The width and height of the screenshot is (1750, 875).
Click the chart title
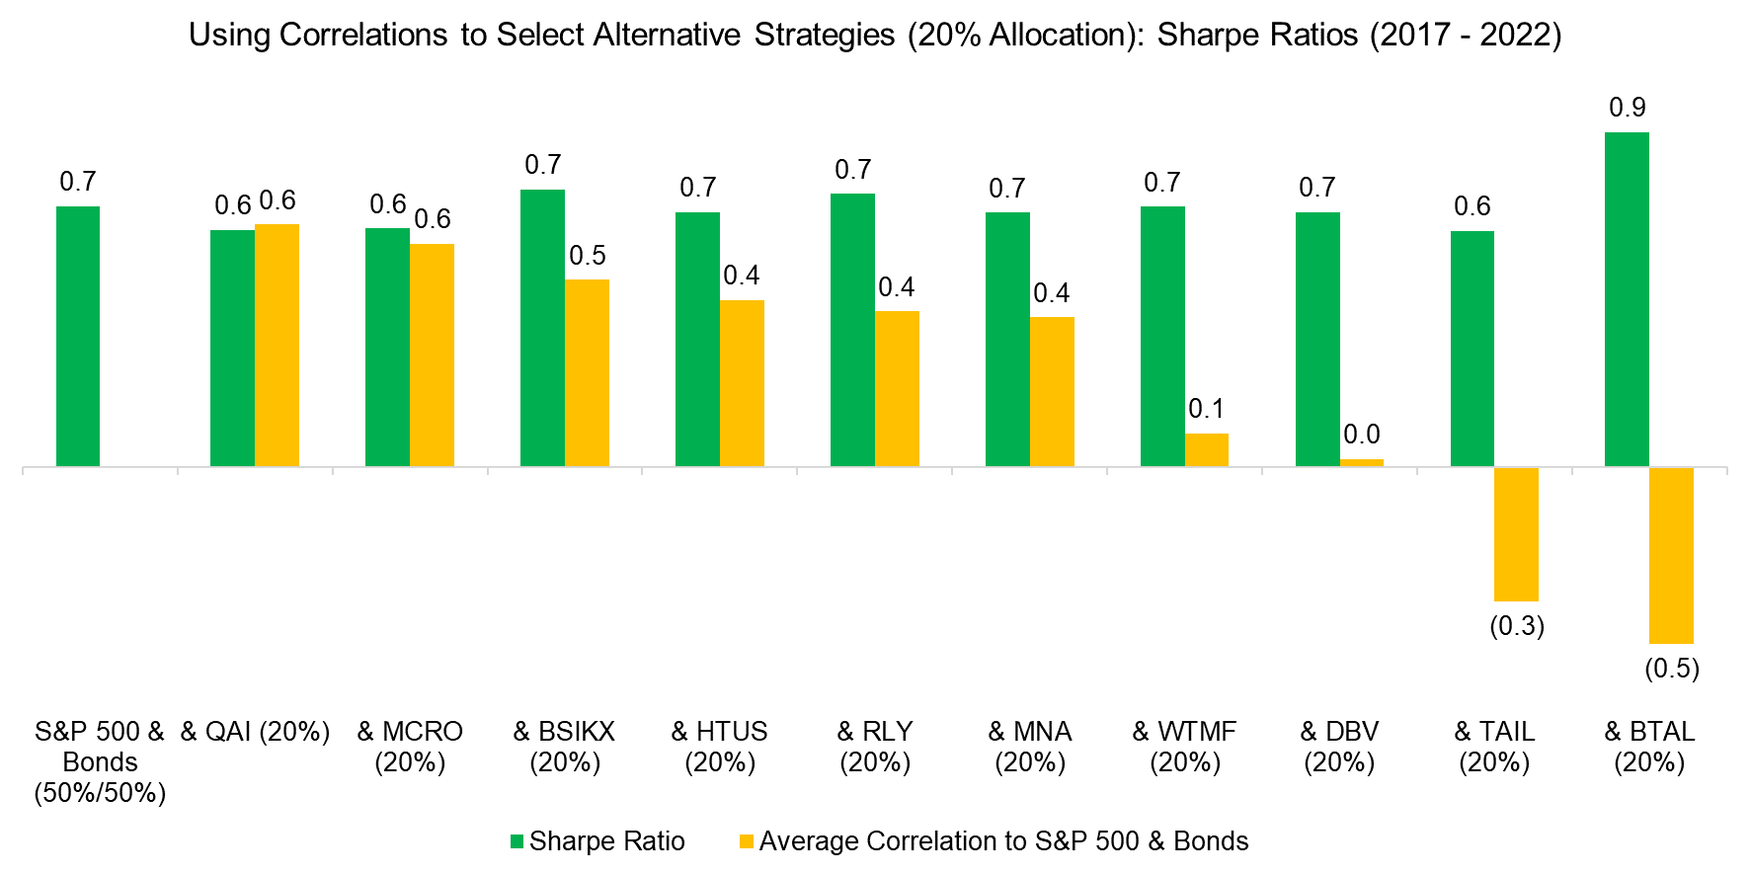[x=875, y=35]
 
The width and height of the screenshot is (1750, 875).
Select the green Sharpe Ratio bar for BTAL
[x=1627, y=299]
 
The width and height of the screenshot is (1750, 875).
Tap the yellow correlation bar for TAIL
[x=1516, y=533]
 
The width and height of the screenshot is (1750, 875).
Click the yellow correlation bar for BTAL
[x=1671, y=555]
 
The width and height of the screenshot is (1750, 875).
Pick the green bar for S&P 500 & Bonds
[x=78, y=336]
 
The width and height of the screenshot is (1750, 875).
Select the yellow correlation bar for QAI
[x=277, y=345]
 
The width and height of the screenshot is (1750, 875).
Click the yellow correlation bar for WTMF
[x=1206, y=449]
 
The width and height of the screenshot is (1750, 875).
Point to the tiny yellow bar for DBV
[x=1362, y=462]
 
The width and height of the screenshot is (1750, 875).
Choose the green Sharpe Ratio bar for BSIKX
[x=542, y=328]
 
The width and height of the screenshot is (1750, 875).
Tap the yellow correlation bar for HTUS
[x=742, y=383]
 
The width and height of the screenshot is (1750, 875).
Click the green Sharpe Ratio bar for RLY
[x=852, y=330]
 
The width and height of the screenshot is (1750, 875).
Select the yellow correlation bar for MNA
[x=1052, y=391]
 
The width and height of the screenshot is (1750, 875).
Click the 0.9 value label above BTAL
[x=1627, y=108]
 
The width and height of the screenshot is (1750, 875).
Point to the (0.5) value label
[x=1671, y=669]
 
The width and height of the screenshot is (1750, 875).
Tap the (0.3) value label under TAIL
[x=1516, y=626]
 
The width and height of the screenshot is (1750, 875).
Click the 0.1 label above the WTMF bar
[x=1206, y=409]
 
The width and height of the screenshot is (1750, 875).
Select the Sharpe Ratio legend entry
[x=597, y=841]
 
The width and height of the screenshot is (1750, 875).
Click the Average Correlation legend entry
[x=994, y=841]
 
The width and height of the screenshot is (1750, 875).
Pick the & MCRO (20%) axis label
[x=410, y=747]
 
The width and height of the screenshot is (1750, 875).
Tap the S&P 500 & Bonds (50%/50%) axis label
[x=100, y=761]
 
